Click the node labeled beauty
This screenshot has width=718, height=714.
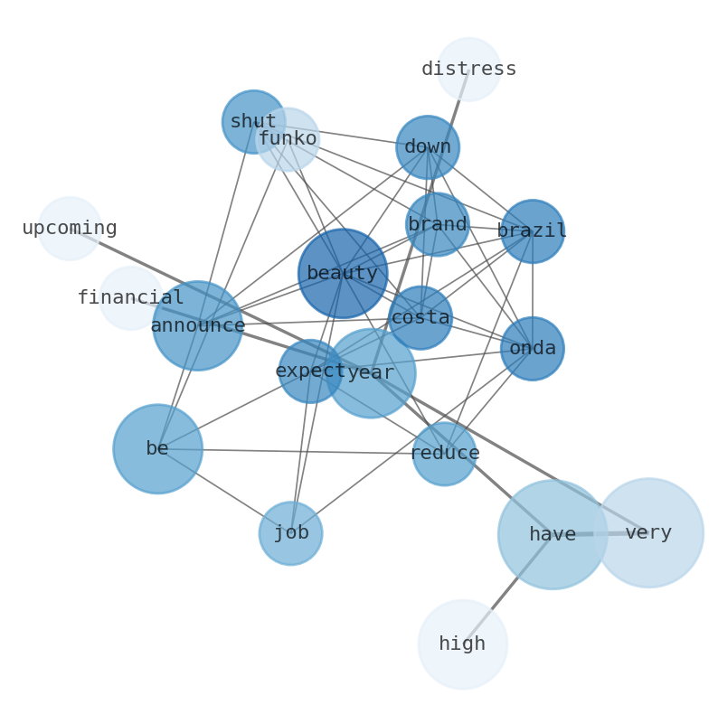[343, 273]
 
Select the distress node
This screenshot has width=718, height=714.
[468, 70]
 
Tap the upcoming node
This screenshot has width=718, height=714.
[70, 229]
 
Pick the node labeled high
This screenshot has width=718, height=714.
[462, 644]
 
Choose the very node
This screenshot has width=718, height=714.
[648, 533]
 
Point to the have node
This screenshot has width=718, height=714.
[553, 534]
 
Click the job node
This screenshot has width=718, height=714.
[290, 533]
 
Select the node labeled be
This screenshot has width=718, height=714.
[157, 448]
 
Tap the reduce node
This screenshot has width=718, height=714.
[444, 454]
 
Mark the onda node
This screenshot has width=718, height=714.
[532, 348]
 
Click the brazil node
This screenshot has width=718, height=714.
[532, 231]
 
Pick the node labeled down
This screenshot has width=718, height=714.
[427, 147]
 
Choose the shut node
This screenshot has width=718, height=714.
[253, 121]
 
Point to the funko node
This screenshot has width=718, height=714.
[288, 139]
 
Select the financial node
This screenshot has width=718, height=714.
[130, 297]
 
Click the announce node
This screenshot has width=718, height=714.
[197, 325]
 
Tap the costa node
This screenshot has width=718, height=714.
[420, 317]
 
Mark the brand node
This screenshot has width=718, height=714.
[437, 224]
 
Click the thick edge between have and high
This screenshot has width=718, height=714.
[507, 589]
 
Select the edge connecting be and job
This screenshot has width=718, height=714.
[223, 491]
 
